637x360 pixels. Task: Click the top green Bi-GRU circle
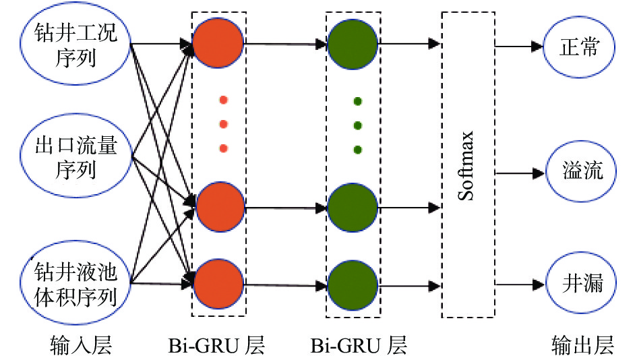pyautogui.click(x=353, y=44)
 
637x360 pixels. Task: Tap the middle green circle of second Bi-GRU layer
pyautogui.click(x=353, y=206)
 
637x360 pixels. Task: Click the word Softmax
pyautogui.click(x=467, y=165)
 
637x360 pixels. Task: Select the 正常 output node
pyautogui.click(x=578, y=47)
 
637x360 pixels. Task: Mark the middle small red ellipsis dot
pyautogui.click(x=223, y=125)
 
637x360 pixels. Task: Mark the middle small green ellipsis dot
pyautogui.click(x=357, y=125)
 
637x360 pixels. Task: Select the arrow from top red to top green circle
pyautogui.click(x=286, y=44)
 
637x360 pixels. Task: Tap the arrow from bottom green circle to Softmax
pyautogui.click(x=408, y=284)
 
